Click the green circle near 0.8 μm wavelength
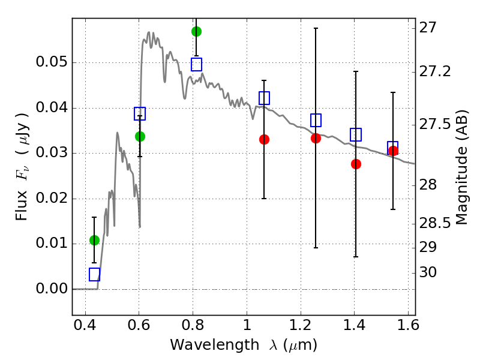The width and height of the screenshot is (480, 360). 197,32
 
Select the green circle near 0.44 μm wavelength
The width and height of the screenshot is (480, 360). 95,241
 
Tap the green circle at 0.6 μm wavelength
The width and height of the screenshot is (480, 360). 140,137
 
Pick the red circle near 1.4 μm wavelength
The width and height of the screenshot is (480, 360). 356,164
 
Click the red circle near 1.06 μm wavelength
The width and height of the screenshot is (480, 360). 264,140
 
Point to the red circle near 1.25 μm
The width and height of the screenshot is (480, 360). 316,139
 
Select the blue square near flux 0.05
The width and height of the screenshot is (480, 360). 197,65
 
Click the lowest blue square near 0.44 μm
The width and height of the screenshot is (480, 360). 95,274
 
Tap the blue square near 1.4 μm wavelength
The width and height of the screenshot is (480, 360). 356,134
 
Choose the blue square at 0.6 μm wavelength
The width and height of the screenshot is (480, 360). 140,113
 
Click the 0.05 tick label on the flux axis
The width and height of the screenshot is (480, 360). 52,62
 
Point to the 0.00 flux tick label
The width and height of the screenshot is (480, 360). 52,289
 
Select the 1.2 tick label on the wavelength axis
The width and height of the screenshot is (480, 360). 301,325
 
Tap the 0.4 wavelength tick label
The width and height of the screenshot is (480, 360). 85,325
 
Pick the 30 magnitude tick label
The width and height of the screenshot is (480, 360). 428,272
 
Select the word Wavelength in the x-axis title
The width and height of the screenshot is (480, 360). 215,345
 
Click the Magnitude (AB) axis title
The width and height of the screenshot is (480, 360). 462,167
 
